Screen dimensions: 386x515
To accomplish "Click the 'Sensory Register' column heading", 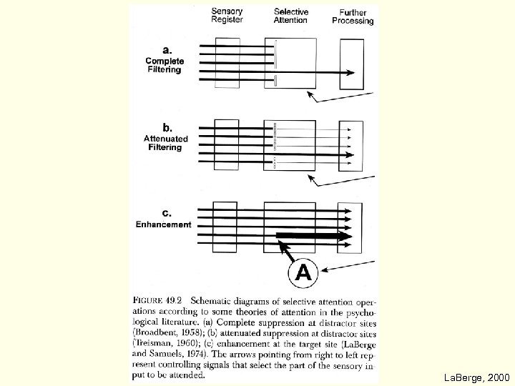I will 227,16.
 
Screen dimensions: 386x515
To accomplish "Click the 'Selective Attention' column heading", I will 291,16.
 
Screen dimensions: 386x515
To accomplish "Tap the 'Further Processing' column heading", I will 353,17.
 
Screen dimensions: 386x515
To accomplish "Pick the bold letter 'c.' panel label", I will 167,212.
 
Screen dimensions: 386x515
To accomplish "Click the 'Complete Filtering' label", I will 164,66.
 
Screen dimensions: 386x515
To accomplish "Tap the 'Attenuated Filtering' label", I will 165,143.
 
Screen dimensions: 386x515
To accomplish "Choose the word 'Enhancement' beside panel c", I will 164,224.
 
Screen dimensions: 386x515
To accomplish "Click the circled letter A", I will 303,272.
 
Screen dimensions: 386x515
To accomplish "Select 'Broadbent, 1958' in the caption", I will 169,332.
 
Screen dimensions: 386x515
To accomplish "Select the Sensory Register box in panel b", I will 226,144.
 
